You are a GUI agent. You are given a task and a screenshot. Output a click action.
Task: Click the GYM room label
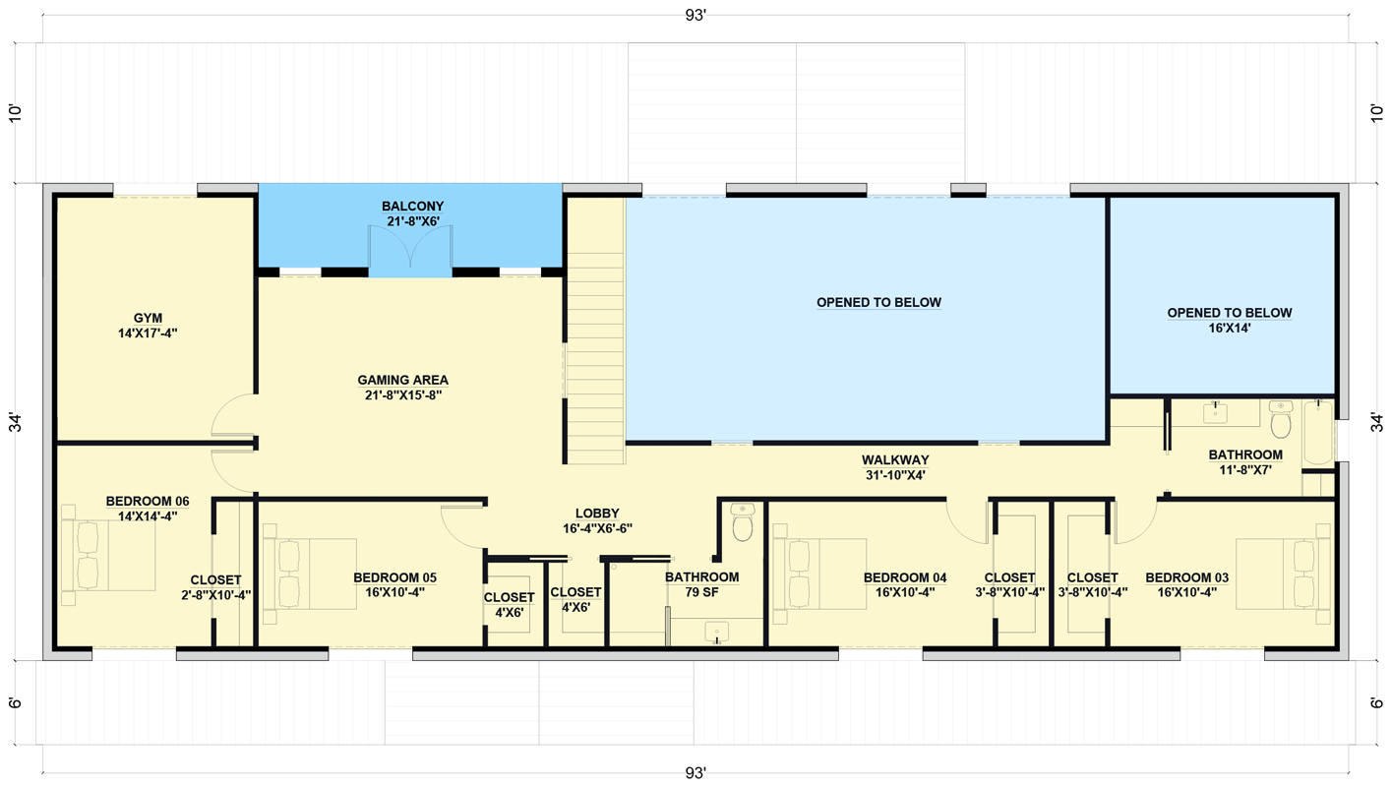[x=148, y=318]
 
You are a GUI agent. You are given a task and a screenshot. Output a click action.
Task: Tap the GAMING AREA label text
[x=402, y=380]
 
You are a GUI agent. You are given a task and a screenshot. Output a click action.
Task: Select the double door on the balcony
[x=410, y=251]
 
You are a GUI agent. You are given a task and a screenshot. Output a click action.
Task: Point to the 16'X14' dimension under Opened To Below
[x=1229, y=329]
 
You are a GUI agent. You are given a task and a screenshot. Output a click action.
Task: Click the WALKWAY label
[x=894, y=459]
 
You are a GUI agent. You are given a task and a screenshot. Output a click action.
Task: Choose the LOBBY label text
[x=597, y=513]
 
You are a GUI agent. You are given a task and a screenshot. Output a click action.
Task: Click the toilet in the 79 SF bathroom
[x=743, y=526]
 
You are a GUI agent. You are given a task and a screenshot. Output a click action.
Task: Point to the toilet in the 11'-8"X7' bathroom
[x=1280, y=422]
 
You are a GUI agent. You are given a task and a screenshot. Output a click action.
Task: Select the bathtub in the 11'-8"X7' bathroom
[x=1317, y=433]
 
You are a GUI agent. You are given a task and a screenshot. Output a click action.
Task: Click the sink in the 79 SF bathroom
[x=717, y=632]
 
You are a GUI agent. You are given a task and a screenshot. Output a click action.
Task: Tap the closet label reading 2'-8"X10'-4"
[x=215, y=594]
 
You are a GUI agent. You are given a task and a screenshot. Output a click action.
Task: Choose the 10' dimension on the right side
[x=1375, y=112]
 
